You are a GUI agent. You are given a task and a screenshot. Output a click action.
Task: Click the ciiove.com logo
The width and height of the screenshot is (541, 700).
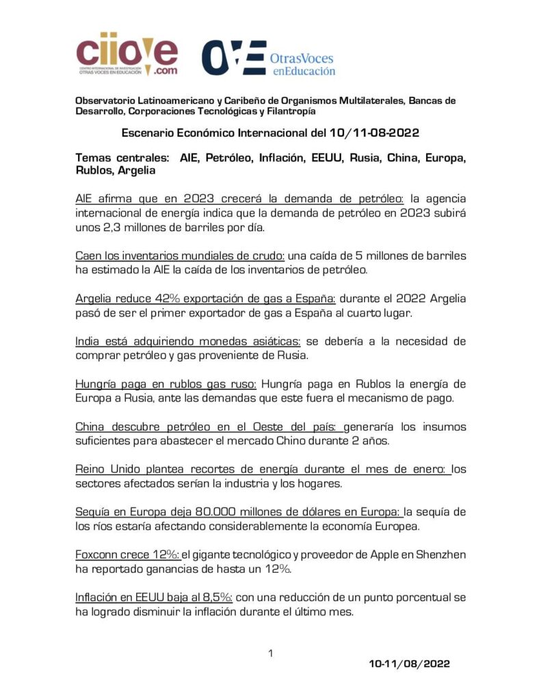(127, 54)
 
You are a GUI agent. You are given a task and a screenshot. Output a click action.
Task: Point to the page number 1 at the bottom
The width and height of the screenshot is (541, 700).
(271, 654)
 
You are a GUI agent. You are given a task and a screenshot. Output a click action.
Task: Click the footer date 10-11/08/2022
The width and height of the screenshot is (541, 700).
(409, 664)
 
